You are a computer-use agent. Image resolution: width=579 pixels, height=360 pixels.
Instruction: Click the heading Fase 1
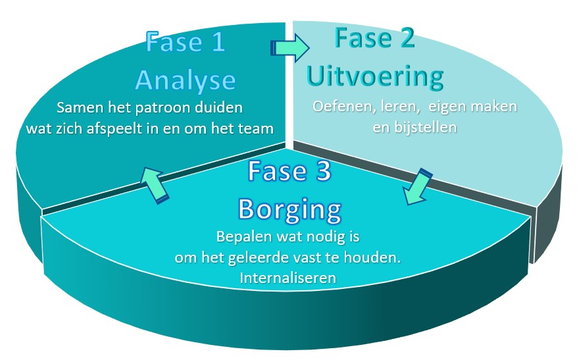(186, 43)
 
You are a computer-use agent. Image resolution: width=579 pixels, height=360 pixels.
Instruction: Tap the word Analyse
(186, 80)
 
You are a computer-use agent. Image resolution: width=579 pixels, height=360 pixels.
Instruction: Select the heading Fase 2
(374, 39)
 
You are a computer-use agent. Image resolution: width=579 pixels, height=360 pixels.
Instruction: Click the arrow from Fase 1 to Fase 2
(289, 47)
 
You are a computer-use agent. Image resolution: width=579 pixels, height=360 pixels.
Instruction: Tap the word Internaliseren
(289, 278)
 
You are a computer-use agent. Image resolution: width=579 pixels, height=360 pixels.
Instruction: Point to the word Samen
(78, 107)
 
